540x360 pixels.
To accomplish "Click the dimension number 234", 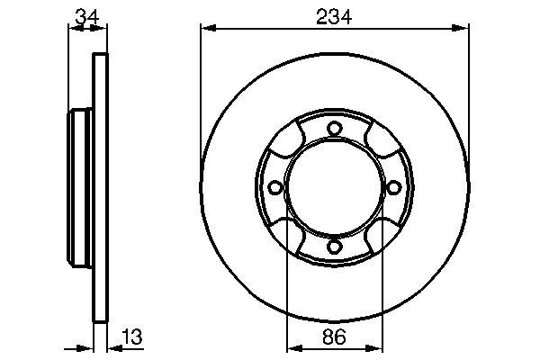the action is click(x=334, y=17).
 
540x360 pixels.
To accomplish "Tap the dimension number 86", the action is click(x=334, y=337).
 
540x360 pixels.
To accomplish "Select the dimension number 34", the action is click(x=87, y=17).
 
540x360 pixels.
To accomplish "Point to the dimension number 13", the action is click(x=131, y=337).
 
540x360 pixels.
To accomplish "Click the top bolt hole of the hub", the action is click(x=334, y=129).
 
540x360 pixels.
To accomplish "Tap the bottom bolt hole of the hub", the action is click(x=334, y=247).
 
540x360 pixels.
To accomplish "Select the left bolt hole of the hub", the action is click(x=274, y=187).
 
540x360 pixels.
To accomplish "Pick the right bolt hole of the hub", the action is click(x=393, y=187).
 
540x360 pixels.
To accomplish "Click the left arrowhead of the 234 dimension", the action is click(x=209, y=28).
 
